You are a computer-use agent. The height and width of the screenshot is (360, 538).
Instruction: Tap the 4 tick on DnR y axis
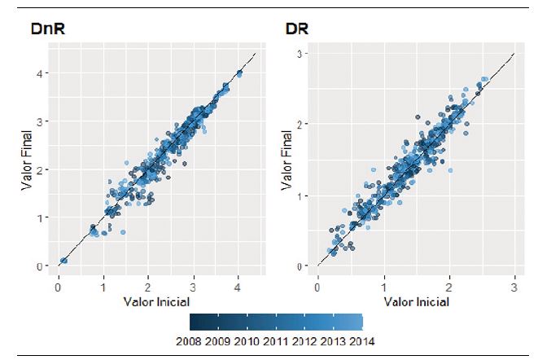pyautogui.click(x=38, y=73)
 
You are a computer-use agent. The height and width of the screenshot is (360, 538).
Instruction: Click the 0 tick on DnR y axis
pyautogui.click(x=38, y=266)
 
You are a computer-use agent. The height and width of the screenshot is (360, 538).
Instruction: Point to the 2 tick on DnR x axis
pyautogui.click(x=148, y=287)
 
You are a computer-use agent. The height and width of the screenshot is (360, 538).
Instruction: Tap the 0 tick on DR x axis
pyautogui.click(x=317, y=287)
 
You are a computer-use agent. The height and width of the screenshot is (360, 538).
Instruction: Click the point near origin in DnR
pyautogui.click(x=63, y=261)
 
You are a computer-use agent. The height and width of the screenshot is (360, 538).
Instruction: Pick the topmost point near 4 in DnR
pyautogui.click(x=239, y=73)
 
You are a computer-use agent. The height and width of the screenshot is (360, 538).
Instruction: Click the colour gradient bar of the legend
pyautogui.click(x=275, y=320)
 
